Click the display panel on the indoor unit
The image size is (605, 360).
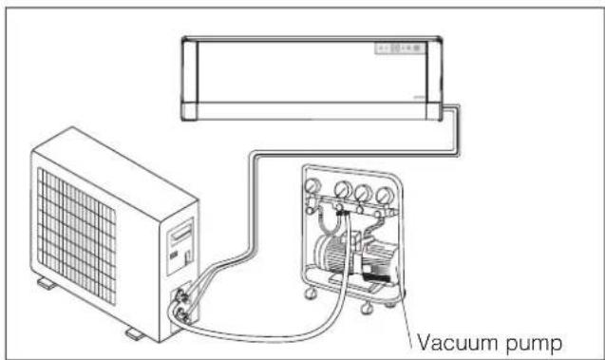(403, 48)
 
